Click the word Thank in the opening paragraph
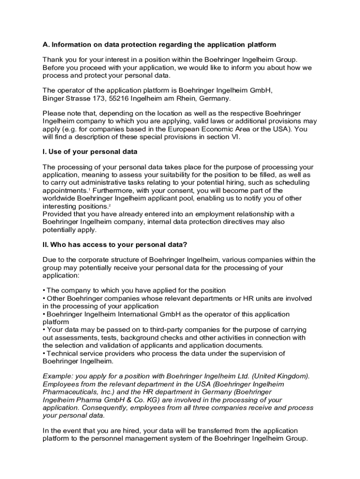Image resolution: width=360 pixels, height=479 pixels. pyautogui.click(x=52, y=59)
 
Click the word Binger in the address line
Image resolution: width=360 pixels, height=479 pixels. pyautogui.click(x=54, y=98)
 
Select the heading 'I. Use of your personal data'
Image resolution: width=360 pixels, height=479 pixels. pyautogui.click(x=90, y=152)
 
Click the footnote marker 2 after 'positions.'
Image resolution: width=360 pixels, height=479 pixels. pyautogui.click(x=110, y=205)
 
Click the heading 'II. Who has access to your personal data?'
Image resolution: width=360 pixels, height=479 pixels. pyautogui.click(x=115, y=245)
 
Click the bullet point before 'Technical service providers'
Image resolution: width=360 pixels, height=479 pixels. pyautogui.click(x=44, y=353)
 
